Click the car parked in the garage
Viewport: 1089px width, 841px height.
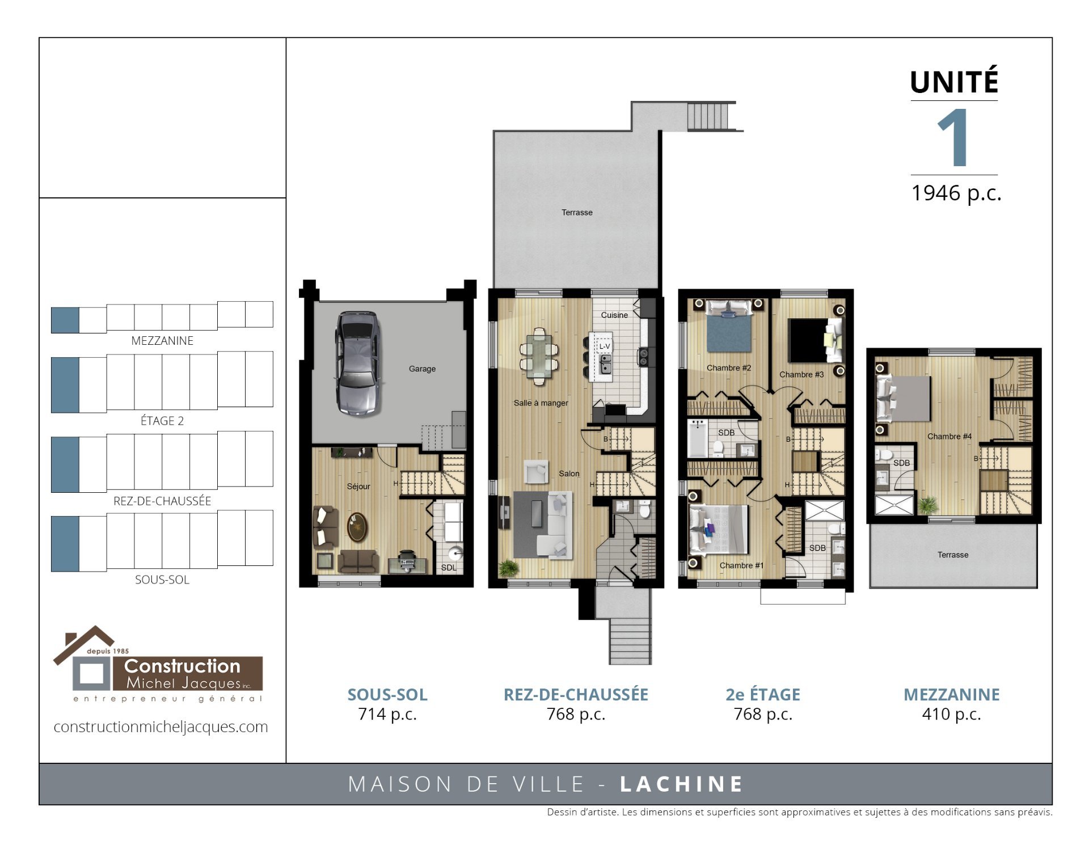click(357, 364)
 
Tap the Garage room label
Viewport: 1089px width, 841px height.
click(422, 369)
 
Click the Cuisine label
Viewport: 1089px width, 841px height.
click(614, 315)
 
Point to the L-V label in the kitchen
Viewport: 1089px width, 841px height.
click(605, 346)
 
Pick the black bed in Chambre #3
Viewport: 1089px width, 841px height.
click(808, 340)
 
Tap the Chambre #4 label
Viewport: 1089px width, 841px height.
click(949, 436)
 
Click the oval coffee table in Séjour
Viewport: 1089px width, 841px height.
click(357, 527)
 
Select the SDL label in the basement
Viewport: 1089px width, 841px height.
click(448, 568)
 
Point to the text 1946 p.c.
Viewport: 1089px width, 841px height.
click(956, 193)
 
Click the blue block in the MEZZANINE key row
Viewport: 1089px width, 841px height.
click(65, 320)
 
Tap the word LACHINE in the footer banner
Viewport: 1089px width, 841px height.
click(681, 784)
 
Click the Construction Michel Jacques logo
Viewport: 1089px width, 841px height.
click(158, 664)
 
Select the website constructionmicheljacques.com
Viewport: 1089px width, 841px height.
click(161, 726)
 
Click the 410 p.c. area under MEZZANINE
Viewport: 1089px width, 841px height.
click(951, 714)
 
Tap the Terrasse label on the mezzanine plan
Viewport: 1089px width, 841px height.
click(953, 555)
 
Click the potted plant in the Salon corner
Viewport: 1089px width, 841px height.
click(508, 568)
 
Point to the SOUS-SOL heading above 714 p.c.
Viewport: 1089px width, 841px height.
click(387, 694)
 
